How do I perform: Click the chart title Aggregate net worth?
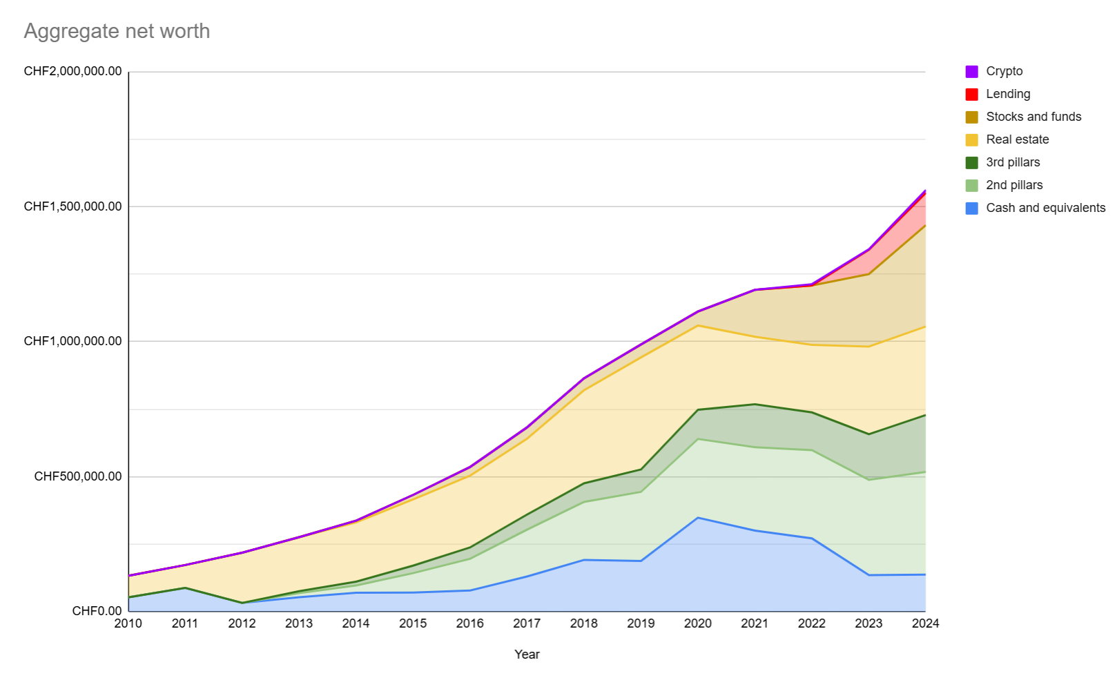pos(117,31)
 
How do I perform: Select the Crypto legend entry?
pos(1004,71)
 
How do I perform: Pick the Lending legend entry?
pos(1007,94)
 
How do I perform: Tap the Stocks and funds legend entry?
pos(1033,117)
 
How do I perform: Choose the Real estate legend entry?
pos(1017,139)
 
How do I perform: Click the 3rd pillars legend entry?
pos(1012,162)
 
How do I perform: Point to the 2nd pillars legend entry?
pos(1013,185)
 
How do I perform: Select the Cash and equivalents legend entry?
pos(1045,208)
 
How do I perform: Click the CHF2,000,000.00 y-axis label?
pos(72,71)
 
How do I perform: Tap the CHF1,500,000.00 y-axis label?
pos(72,206)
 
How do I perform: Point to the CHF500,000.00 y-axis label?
pos(77,476)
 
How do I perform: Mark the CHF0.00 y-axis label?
pos(97,611)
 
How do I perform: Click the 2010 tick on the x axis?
pos(128,623)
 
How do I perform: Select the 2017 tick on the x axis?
pos(527,623)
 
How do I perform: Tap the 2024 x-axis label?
pos(925,623)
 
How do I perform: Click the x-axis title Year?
pos(527,655)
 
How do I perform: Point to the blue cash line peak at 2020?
pos(698,517)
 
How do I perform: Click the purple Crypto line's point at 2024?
pos(924,191)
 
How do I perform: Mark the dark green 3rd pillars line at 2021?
pos(755,404)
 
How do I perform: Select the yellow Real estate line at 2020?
pos(698,325)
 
